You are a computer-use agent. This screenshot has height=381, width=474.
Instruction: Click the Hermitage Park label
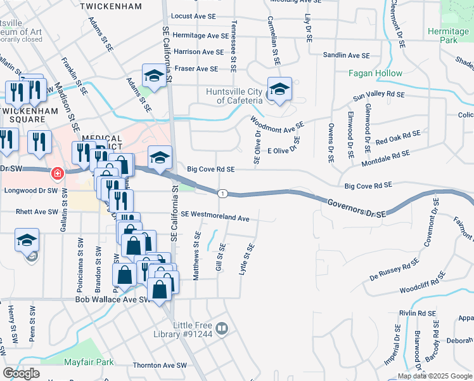[x=447, y=36]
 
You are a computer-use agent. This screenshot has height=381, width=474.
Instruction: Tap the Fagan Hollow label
[x=375, y=73]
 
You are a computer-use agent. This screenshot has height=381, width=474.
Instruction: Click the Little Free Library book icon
[x=222, y=328]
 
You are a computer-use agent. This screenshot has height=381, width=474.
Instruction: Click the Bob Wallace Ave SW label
[x=113, y=299]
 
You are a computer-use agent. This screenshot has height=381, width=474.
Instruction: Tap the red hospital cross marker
[x=57, y=173]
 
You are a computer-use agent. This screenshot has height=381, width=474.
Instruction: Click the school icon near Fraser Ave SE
[x=153, y=76]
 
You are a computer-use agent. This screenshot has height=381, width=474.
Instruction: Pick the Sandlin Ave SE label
[x=346, y=56]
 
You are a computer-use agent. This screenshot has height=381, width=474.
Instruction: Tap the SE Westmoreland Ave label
[x=215, y=217]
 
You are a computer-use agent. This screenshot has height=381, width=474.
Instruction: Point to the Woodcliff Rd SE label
[x=425, y=289]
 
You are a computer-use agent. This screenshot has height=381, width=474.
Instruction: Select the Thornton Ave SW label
[x=160, y=366]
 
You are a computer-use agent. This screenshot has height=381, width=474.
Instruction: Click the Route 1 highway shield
[x=222, y=193]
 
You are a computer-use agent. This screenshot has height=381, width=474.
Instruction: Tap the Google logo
[x=22, y=373]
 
